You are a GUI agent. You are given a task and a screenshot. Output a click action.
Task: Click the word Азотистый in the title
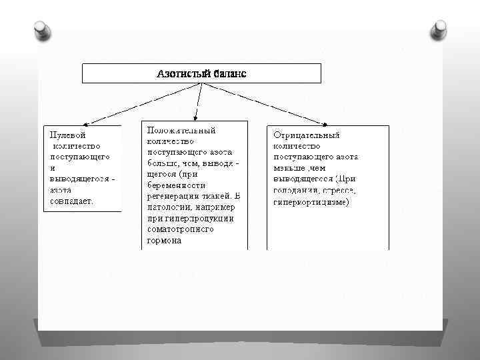point(183,73)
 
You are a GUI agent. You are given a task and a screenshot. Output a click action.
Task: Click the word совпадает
point(71,199)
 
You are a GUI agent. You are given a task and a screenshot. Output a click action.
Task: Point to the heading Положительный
point(181,131)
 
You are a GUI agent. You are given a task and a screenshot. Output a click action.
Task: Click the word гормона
point(164,240)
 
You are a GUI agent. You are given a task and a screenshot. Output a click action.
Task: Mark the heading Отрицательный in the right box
point(306,135)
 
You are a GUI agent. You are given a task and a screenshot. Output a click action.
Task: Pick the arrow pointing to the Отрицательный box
point(321,121)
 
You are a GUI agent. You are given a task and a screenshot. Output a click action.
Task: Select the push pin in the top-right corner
point(439,29)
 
